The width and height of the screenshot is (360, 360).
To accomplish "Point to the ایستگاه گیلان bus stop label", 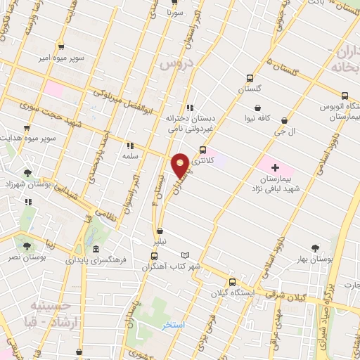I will pyautogui.click(x=230, y=293).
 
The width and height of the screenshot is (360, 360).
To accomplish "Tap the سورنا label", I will pyautogui.click(x=175, y=12).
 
